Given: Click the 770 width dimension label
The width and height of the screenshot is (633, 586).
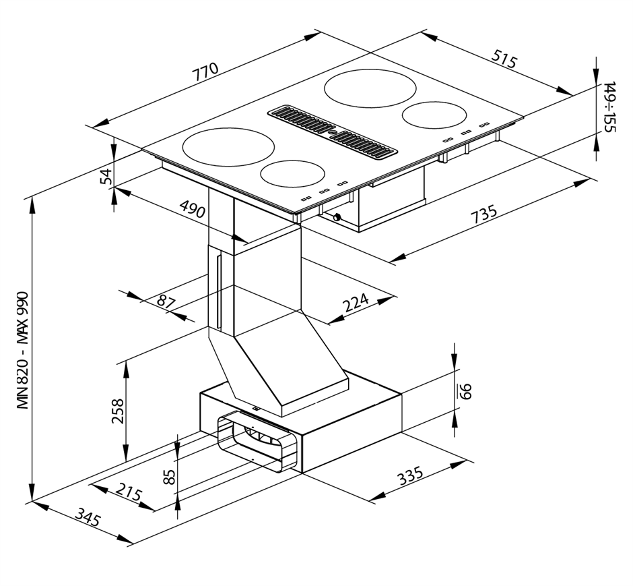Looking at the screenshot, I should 206,72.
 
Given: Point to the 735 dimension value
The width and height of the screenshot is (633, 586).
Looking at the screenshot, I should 484,216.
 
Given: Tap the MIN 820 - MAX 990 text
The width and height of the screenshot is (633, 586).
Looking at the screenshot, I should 24,351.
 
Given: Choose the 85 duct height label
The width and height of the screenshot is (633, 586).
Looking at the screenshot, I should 169,477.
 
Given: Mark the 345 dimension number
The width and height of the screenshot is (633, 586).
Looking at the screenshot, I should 88,519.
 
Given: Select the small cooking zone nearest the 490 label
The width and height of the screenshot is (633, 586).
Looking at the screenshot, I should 292,174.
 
